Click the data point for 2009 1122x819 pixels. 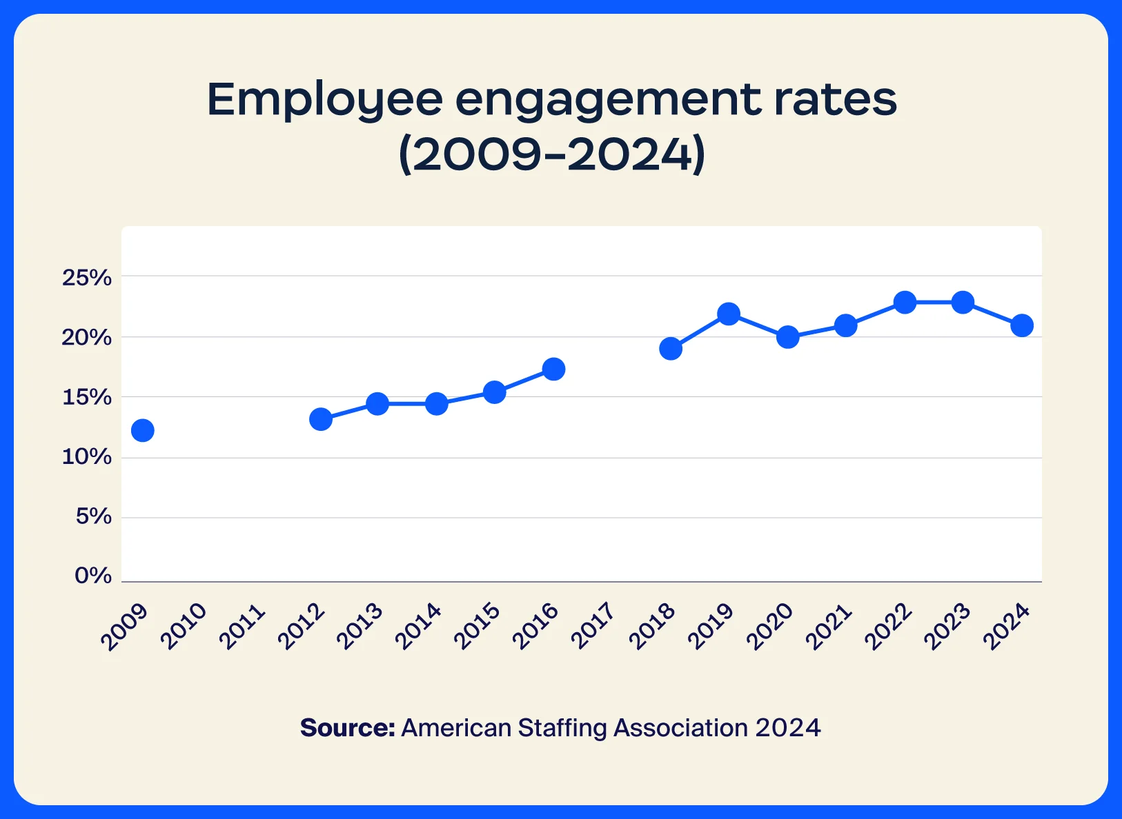pos(142,430)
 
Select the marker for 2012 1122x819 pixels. pos(321,418)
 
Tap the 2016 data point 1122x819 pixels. pos(553,369)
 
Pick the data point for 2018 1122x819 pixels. pos(671,348)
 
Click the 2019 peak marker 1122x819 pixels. pos(729,314)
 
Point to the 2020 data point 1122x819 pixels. pos(787,337)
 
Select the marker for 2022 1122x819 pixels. pos(905,302)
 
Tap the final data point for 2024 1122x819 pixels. pos(1022,325)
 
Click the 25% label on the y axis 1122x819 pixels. pos(87,278)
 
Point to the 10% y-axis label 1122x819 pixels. pos(87,456)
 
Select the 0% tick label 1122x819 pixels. pos(93,576)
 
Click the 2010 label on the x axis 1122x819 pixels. pos(184,626)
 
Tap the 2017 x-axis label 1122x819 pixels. pos(594,626)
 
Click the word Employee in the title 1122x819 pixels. pos(324,101)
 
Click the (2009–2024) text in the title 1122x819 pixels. pos(553,154)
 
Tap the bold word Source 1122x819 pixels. pos(347,728)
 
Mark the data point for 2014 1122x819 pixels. pos(436,403)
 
